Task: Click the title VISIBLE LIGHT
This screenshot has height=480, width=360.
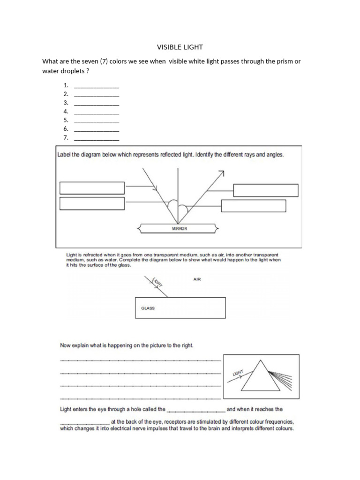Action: pos(180,47)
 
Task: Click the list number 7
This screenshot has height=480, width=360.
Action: pos(66,137)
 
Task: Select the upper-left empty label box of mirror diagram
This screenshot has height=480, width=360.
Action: pos(92,188)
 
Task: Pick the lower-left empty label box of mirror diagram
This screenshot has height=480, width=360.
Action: pos(92,203)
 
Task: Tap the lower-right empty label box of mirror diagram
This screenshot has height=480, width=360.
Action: pos(253,206)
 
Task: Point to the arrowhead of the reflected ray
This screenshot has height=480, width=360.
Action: pos(221,173)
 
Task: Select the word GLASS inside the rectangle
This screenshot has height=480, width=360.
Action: pos(148,308)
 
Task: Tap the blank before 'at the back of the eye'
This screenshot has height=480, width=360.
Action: pos(85,421)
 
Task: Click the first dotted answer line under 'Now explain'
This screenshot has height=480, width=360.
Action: pos(140,360)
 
